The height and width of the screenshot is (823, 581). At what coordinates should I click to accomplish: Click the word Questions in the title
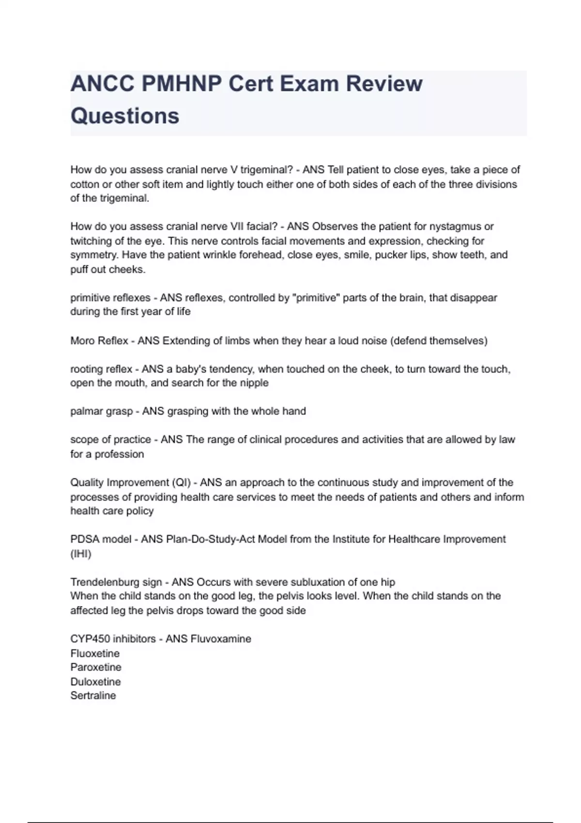click(125, 116)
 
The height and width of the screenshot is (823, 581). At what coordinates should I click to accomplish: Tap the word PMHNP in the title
click(184, 84)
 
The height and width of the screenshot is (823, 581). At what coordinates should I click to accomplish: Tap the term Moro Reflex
click(99, 341)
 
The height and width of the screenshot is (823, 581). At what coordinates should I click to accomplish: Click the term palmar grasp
click(101, 411)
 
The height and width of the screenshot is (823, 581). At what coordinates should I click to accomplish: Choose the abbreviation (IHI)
click(81, 554)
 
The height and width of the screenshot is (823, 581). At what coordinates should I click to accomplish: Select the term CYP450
click(90, 639)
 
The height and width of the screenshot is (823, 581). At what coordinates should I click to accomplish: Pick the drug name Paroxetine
click(96, 667)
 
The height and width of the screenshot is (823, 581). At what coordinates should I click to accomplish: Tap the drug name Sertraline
click(93, 696)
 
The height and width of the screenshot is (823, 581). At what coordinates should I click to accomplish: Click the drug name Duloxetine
click(95, 682)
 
